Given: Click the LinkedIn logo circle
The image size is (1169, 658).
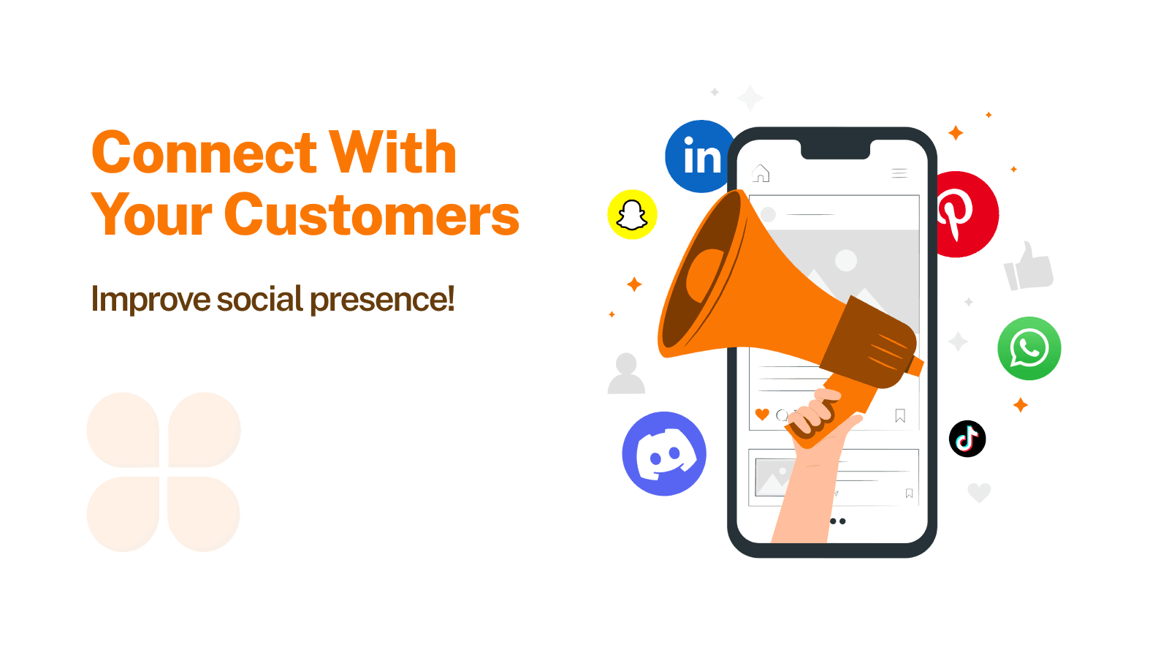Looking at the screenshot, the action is coord(698,156).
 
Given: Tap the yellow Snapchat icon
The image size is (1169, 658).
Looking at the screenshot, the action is coord(632,215).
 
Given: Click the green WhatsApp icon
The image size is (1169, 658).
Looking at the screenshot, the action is coord(1029,348).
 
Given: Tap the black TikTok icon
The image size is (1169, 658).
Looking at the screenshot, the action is coord(967,439).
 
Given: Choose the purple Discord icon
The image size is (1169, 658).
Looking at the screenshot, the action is coord(664,453).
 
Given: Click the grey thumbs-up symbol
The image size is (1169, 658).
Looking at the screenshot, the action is coord(1029,266).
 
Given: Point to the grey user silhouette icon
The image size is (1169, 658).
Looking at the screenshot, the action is coord(626,374).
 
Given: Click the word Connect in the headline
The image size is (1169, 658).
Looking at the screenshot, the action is coord(204,153).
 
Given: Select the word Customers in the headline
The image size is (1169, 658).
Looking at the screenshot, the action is coord(372,215).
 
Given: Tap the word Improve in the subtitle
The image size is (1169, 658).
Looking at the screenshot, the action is coord(151,300).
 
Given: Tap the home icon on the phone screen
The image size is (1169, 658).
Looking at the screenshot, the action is coord(761,173).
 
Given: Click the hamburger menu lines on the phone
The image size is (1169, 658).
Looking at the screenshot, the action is coord(899,173).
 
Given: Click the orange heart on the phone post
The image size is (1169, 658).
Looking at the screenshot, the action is coord(762,415).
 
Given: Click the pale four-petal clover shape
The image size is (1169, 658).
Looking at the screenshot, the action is coord(164,472).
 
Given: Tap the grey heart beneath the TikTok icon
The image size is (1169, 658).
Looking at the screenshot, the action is coord(979,493).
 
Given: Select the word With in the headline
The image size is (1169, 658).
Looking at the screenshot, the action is coord(392,153).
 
